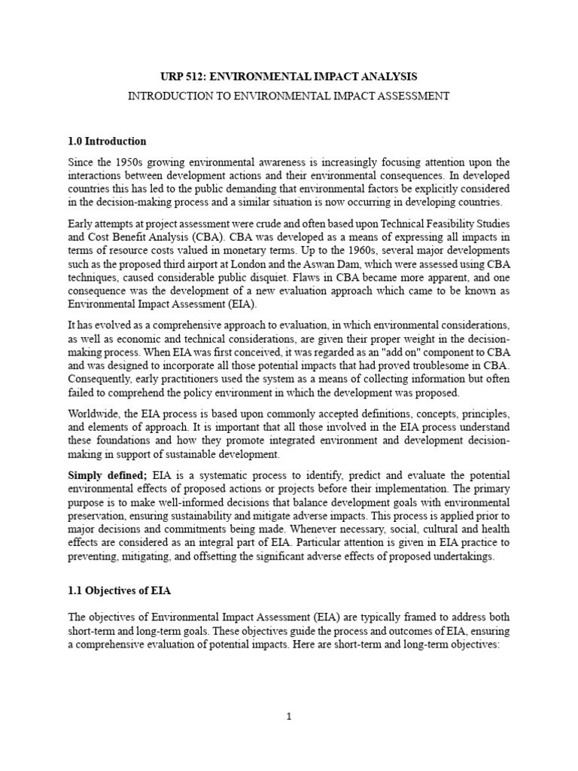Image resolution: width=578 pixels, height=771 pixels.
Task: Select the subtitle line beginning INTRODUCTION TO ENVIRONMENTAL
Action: click(x=288, y=96)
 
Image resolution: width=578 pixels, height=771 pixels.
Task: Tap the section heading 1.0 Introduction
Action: click(x=107, y=141)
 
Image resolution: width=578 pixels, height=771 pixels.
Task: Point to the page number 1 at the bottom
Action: click(x=288, y=717)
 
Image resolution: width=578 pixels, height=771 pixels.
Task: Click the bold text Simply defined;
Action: click(x=108, y=476)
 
